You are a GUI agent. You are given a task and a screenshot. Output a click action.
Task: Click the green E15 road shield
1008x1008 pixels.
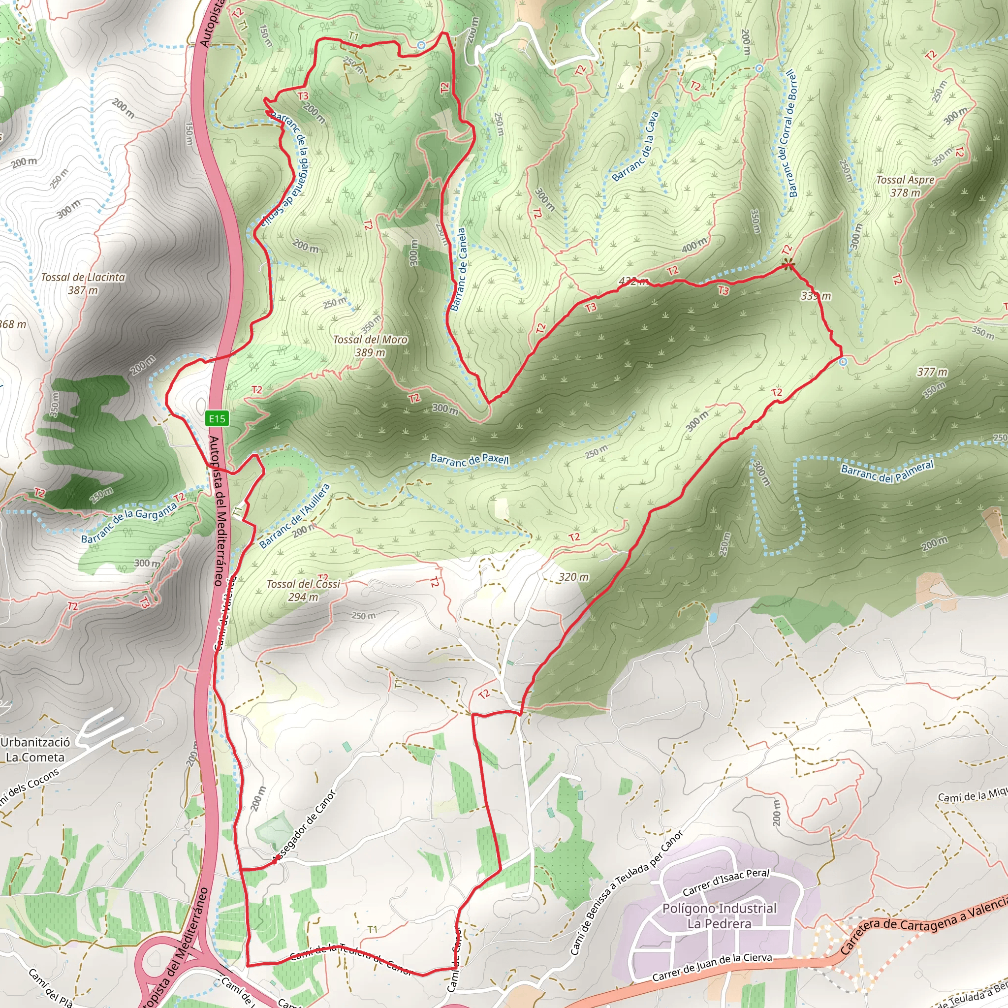[217, 418]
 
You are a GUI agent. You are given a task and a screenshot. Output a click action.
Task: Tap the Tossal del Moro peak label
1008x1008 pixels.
[370, 346]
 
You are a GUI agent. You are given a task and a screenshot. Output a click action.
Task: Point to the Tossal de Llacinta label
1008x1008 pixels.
[83, 283]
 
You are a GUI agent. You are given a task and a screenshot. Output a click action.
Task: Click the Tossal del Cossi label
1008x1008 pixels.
[303, 590]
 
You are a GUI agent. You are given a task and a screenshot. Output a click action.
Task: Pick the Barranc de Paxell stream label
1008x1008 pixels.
[469, 460]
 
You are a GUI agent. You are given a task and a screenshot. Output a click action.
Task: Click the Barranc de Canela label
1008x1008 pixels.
[458, 269]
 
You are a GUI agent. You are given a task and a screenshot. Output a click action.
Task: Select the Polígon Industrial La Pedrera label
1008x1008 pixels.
[720, 915]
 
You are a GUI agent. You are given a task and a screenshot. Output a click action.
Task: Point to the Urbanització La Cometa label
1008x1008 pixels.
[35, 750]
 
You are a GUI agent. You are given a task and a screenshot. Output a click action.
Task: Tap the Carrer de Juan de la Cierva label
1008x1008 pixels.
[712, 966]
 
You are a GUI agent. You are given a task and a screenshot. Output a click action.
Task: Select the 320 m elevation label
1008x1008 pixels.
[573, 577]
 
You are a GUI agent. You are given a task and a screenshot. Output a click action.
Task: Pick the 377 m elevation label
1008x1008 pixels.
[932, 372]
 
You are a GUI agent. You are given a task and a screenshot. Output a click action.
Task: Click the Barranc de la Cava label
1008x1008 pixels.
[635, 147]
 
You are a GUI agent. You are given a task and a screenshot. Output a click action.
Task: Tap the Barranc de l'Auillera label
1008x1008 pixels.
[295, 516]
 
